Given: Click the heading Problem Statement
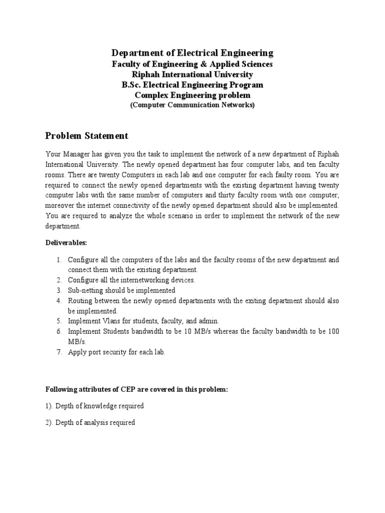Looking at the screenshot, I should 87,136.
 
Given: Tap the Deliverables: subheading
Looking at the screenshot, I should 66,242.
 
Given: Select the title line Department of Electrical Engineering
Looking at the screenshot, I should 192,53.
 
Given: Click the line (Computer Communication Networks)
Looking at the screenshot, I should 192,105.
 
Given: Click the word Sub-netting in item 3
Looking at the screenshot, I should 86,290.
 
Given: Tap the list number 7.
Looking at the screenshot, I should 59,352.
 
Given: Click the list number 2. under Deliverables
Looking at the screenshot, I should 59,280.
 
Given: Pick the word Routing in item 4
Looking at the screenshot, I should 80,301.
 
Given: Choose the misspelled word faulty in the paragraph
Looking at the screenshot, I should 270,174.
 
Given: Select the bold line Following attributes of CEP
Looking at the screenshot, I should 136,389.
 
